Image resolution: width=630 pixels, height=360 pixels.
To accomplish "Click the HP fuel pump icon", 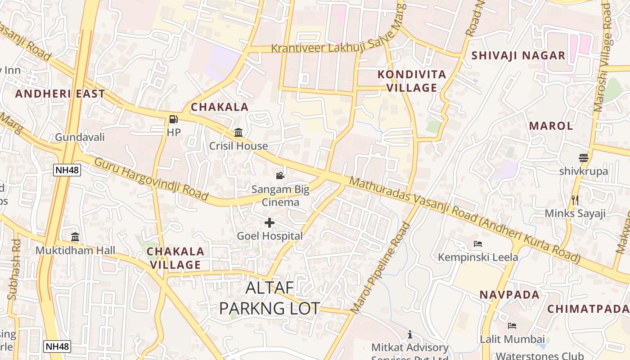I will (173, 119).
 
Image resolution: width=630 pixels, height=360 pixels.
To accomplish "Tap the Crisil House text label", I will (238, 146).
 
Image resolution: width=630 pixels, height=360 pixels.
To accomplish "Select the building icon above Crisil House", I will (238, 133).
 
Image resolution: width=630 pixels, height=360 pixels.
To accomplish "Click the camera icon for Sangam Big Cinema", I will (280, 175).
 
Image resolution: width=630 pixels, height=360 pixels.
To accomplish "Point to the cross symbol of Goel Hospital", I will (270, 222).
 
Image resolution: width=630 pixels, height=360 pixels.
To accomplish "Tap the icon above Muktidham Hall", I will (75, 237).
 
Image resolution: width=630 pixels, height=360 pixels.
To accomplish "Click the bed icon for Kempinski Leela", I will (478, 244).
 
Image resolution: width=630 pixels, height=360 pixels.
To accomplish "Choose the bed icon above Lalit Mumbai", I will (512, 325).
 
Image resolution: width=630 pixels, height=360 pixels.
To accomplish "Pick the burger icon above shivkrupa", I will (584, 158).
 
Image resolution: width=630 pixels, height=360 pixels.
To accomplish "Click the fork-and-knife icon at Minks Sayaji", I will (575, 200).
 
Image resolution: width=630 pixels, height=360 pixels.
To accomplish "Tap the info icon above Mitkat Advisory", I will (410, 334).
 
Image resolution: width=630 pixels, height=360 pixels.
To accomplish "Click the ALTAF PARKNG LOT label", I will (269, 298).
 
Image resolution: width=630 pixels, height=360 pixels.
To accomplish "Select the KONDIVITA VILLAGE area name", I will (412, 81).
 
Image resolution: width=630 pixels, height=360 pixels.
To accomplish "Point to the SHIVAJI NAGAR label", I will (518, 56).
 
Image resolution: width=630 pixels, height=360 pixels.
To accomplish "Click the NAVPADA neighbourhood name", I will (509, 295).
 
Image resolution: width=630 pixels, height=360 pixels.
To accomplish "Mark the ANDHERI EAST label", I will (60, 94).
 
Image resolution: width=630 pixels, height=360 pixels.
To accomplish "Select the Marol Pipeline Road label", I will (381, 267).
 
